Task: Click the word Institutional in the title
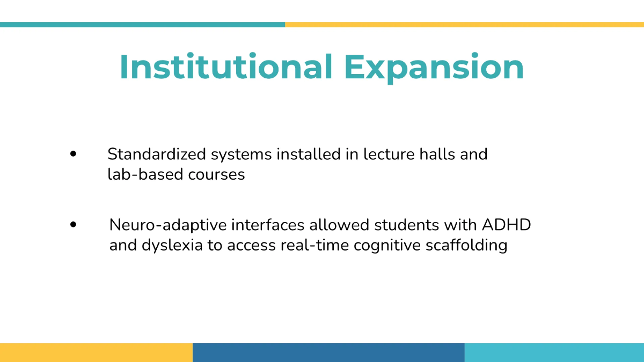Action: point(226,66)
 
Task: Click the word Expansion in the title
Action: point(434,69)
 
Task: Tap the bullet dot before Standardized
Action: point(74,154)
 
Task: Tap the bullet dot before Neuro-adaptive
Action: point(74,225)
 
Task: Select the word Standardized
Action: point(157,154)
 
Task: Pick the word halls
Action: point(437,154)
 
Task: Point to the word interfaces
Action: point(268,225)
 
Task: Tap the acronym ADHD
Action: point(506,225)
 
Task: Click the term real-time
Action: point(314,245)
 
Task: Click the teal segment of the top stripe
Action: point(143,25)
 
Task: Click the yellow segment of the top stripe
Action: point(465,25)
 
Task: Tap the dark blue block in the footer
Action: point(328,352)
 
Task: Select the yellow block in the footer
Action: point(96,352)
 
